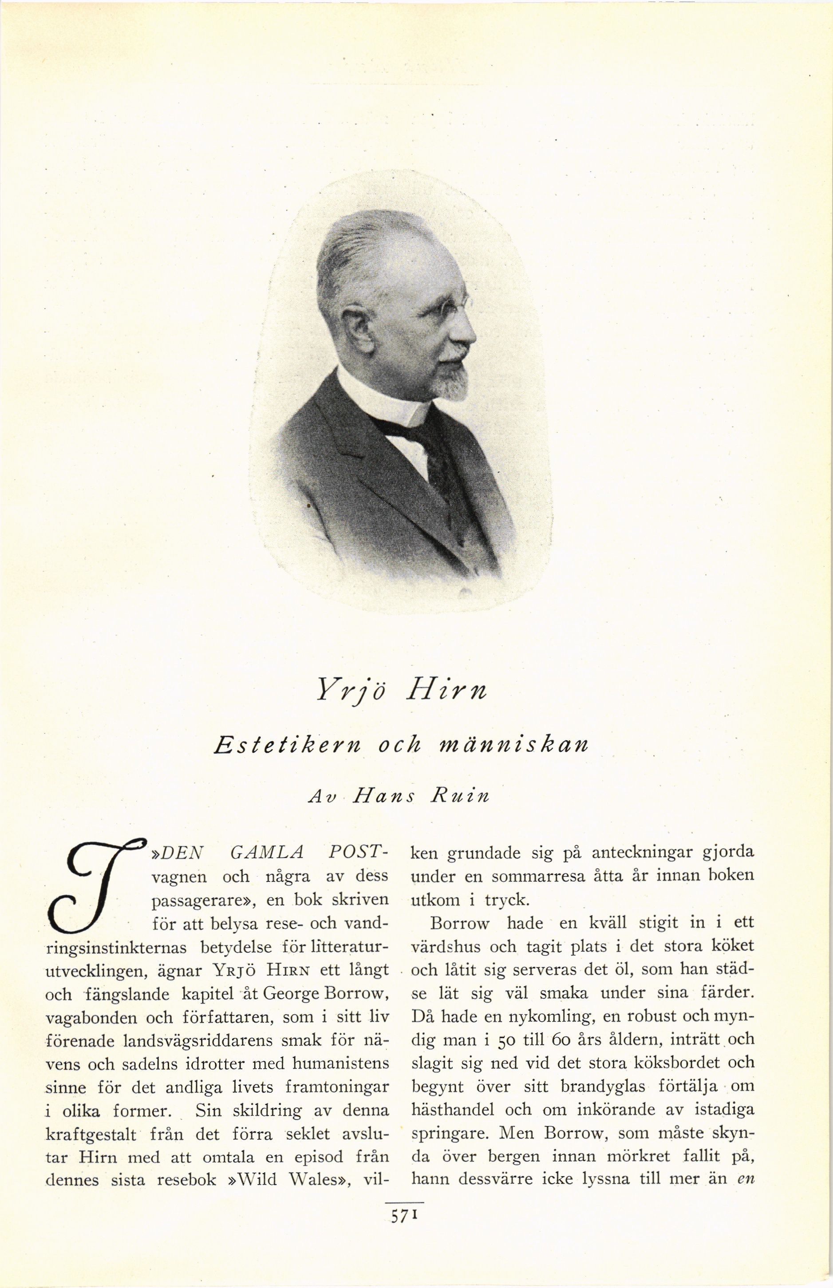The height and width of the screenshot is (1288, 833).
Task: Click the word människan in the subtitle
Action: click(x=512, y=746)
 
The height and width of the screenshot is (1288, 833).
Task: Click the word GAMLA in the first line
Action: click(x=266, y=853)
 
